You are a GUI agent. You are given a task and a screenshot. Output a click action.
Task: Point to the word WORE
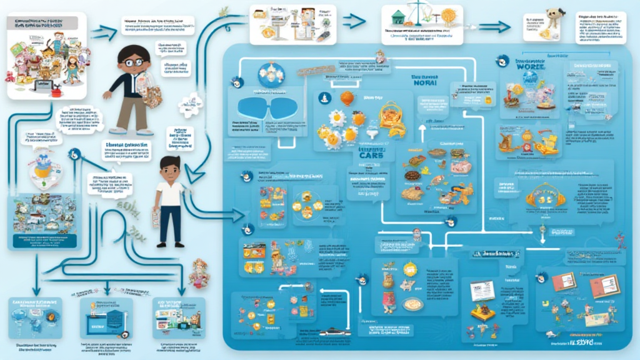click(x=531, y=64)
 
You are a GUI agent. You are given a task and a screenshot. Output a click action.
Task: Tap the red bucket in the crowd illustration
click(x=56, y=92)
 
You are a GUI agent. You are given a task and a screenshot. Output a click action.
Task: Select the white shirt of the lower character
click(x=170, y=193)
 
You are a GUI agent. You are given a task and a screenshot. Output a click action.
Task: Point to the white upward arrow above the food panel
click(x=422, y=131)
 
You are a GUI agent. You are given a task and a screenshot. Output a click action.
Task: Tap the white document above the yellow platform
click(x=481, y=289)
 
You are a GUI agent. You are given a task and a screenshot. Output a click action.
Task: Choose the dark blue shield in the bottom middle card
click(x=113, y=317)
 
